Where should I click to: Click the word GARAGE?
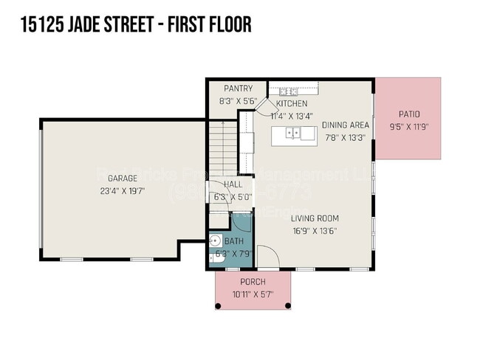(123, 179)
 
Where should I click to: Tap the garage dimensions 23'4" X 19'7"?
(123, 191)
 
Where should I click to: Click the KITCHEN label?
(292, 104)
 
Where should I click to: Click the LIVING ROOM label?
(315, 218)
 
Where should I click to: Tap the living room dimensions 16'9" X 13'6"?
(315, 230)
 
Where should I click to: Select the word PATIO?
(409, 114)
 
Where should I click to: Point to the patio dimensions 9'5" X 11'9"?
(409, 126)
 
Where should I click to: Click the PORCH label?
(253, 283)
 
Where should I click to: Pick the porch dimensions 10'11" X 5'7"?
(253, 294)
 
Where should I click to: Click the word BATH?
(233, 241)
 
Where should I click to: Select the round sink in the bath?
(216, 240)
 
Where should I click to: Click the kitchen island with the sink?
(293, 134)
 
